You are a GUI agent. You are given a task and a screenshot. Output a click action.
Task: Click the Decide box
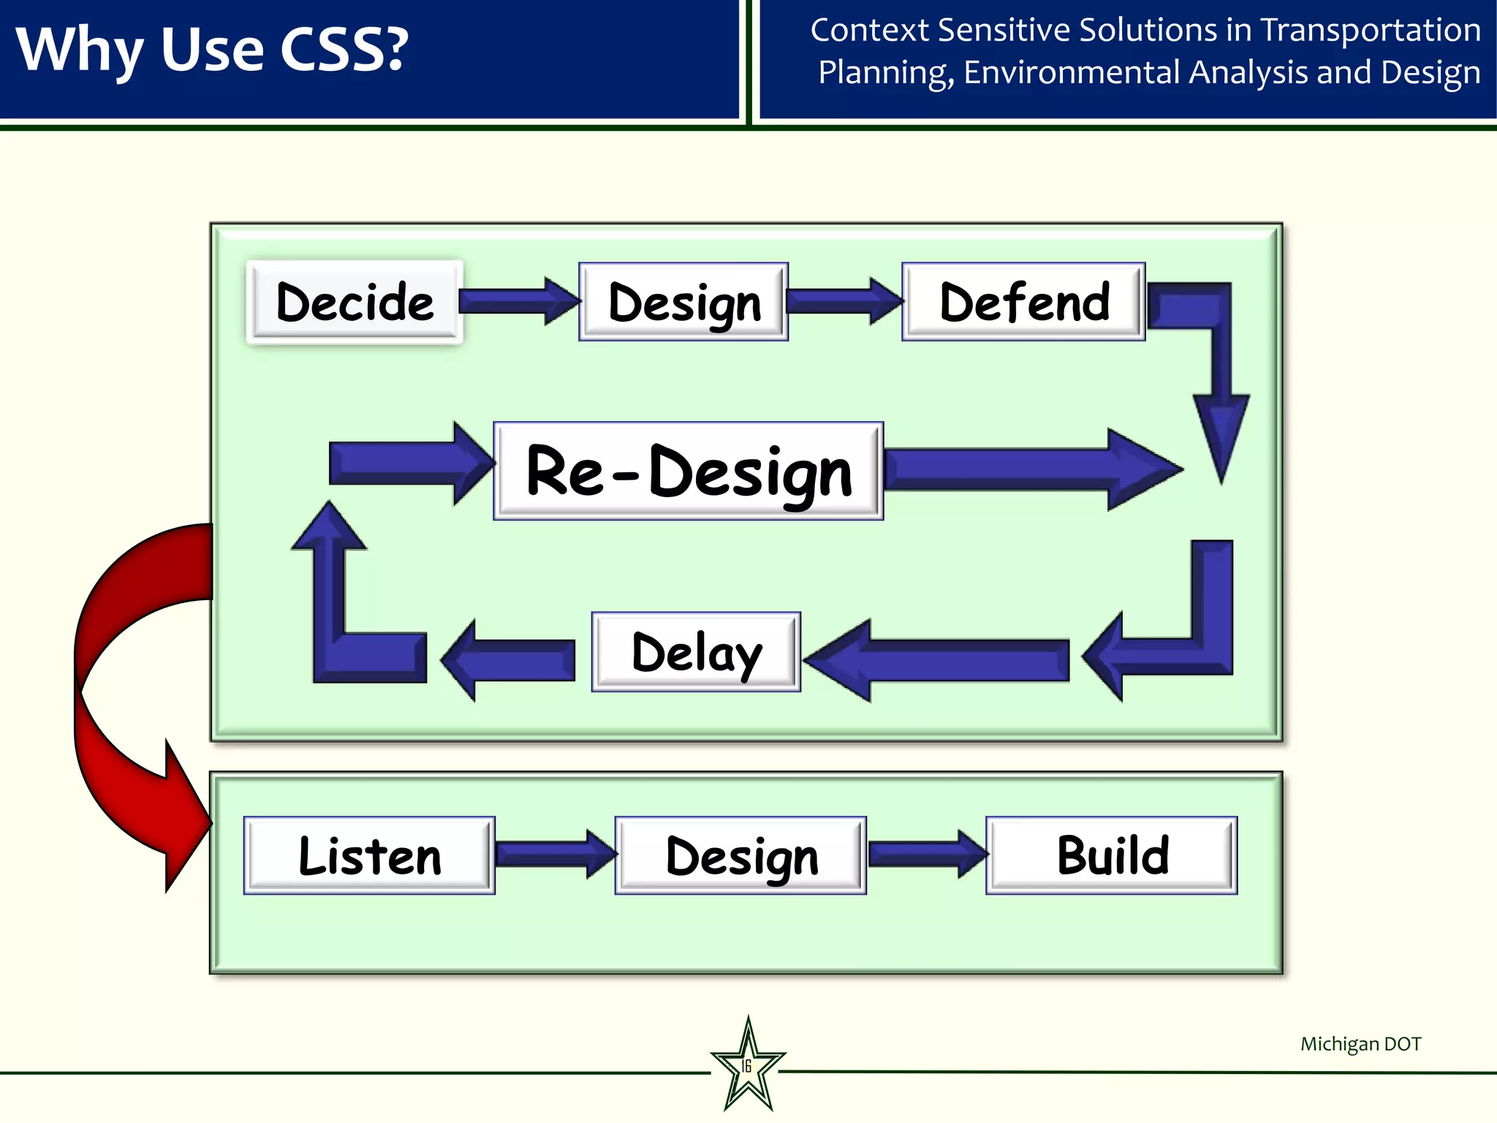click(x=355, y=302)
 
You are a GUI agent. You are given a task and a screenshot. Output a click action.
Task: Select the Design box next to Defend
click(x=683, y=302)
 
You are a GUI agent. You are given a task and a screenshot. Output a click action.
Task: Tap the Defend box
click(x=1023, y=302)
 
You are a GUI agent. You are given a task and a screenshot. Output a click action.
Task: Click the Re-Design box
click(x=689, y=472)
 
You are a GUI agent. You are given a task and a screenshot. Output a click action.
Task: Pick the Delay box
click(x=696, y=652)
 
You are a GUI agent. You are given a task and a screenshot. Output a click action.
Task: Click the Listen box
click(x=369, y=855)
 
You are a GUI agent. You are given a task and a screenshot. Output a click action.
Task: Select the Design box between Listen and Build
click(x=740, y=855)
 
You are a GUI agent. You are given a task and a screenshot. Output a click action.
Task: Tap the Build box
click(x=1111, y=855)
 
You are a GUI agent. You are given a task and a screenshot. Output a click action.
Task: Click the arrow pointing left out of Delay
click(x=512, y=659)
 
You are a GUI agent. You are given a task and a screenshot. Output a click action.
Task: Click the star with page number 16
click(x=748, y=1066)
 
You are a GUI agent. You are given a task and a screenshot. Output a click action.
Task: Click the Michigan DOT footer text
click(x=1360, y=1044)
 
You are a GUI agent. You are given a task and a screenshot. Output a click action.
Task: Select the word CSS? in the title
click(x=344, y=50)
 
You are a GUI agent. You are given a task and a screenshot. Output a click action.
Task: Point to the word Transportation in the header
click(x=1371, y=31)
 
